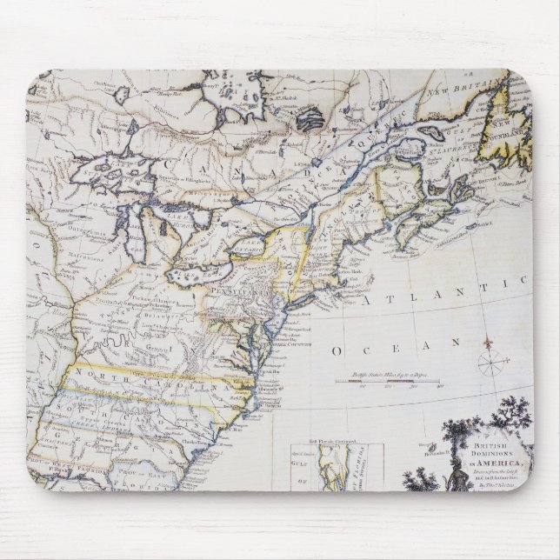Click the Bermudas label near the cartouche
pyautogui.click(x=431, y=451)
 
